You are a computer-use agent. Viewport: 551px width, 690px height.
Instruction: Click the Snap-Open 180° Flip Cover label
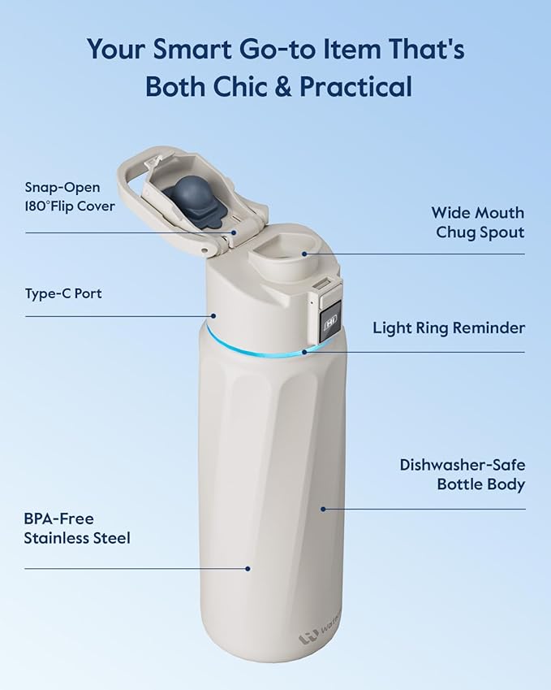pos(69,197)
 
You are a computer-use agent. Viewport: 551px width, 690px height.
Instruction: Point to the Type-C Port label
pos(62,293)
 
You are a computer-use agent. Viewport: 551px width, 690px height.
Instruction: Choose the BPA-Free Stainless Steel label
pos(76,528)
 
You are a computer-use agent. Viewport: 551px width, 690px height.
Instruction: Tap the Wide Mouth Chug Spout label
pos(477,222)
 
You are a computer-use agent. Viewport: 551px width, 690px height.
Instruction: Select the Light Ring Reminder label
pos(449,328)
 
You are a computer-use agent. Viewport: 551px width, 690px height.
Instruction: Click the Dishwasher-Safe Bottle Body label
pos(462,475)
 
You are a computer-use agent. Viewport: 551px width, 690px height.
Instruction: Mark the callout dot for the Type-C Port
pos(214,316)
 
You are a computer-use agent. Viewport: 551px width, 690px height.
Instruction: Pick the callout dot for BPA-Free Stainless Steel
pos(248,569)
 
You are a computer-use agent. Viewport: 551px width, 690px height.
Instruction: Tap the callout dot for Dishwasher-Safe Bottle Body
pos(322,510)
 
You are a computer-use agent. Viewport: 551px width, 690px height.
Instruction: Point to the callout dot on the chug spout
pos(305,253)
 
